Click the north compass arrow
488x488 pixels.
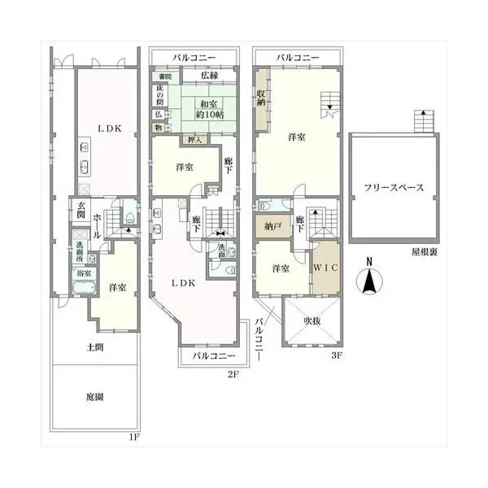[368, 282]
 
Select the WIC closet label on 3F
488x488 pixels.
[326, 268]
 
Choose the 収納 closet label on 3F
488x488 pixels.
[261, 98]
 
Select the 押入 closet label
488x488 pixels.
[195, 140]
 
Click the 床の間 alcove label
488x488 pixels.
[159, 94]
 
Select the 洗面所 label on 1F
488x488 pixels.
[79, 249]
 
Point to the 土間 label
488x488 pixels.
[96, 347]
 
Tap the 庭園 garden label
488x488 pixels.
[96, 397]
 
